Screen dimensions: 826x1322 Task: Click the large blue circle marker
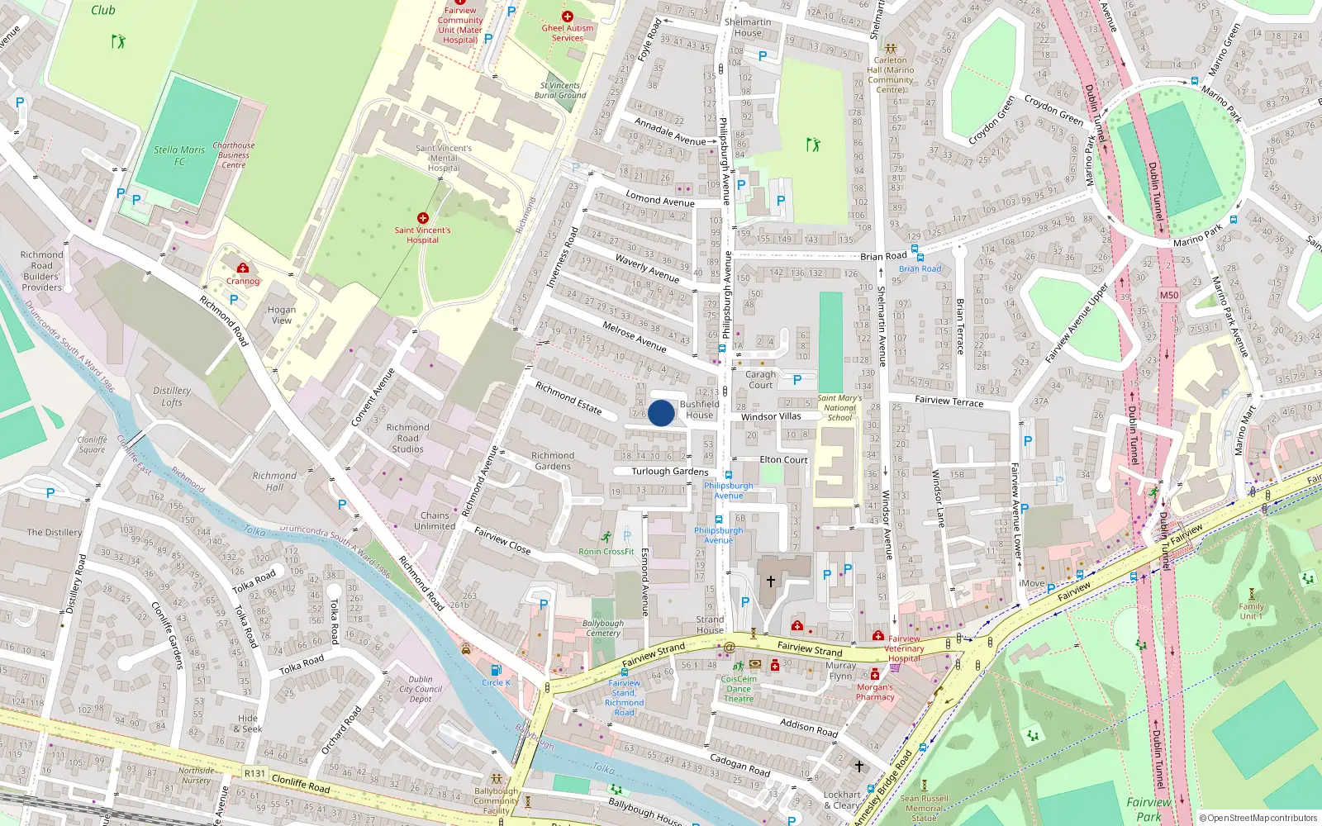coord(661,413)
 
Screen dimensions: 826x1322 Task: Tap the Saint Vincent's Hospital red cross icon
coord(423,218)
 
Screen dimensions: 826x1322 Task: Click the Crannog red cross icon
coord(243,268)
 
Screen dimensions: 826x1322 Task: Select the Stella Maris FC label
coord(179,155)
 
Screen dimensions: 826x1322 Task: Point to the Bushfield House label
coord(699,410)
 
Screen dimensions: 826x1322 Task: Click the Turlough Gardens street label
coord(670,472)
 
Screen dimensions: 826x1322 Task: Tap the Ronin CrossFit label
coord(606,551)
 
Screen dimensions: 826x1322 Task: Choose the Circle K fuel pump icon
coord(496,670)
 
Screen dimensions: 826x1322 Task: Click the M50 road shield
coord(1169,295)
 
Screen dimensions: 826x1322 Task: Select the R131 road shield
coord(255,774)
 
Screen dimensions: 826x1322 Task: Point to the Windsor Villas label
coord(771,417)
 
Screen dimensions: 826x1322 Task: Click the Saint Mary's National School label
coord(839,408)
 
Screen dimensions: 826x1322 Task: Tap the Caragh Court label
coord(761,380)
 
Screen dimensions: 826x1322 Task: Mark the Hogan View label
coord(282,315)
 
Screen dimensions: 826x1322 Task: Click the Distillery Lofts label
coord(172,396)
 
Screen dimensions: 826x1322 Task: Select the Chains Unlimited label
coord(435,520)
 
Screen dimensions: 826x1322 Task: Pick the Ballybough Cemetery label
coord(603,629)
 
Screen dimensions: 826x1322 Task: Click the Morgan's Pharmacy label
coord(875,692)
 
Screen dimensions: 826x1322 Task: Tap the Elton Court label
coord(783,460)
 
